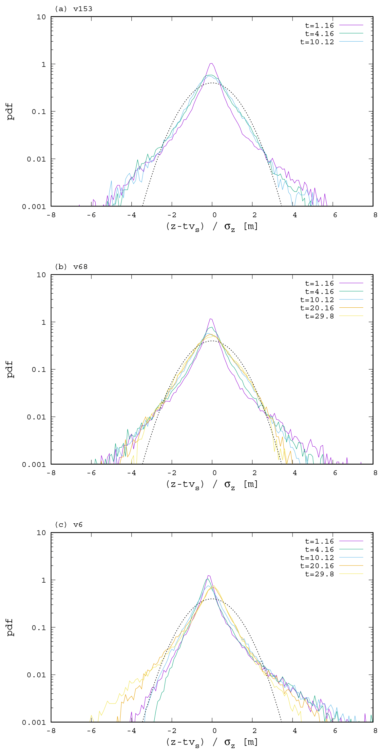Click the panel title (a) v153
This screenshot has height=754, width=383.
click(x=73, y=9)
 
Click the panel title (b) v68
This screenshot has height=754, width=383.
click(x=71, y=267)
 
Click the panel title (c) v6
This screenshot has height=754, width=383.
click(x=68, y=525)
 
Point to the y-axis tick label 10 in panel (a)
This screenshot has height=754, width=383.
click(x=41, y=17)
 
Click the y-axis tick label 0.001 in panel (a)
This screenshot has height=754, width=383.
click(x=34, y=207)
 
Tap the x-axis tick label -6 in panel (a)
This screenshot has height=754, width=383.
click(x=93, y=215)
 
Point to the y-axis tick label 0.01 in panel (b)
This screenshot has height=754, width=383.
click(x=36, y=417)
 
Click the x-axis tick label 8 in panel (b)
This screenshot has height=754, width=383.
click(x=375, y=473)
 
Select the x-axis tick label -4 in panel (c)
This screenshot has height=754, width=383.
click(x=131, y=731)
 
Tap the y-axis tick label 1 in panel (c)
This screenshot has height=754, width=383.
click(x=44, y=580)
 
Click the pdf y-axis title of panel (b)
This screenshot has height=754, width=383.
click(x=10, y=369)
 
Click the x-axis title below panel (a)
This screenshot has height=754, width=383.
click(x=212, y=226)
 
